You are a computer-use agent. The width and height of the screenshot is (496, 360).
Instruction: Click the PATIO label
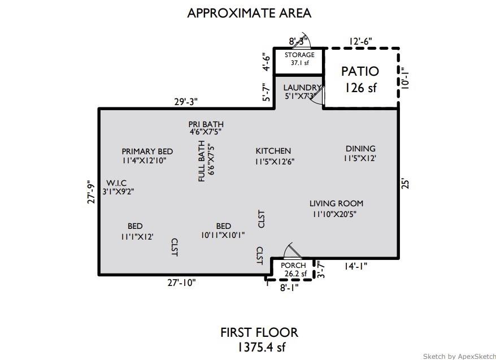(x=360, y=72)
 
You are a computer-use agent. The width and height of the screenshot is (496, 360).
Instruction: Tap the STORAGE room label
(x=299, y=55)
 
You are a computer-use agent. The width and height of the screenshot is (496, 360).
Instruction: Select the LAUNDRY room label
(x=302, y=88)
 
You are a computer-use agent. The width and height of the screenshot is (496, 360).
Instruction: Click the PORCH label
(x=293, y=266)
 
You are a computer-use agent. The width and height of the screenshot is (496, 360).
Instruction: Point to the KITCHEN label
(x=273, y=151)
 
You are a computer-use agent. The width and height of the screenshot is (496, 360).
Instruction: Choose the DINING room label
(x=360, y=149)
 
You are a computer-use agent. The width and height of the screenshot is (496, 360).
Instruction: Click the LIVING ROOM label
(x=336, y=203)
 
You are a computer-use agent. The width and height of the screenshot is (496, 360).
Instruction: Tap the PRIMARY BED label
(x=147, y=151)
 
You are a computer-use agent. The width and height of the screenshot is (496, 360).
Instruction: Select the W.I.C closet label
(x=117, y=183)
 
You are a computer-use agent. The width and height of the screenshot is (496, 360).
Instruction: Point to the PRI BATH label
(x=206, y=124)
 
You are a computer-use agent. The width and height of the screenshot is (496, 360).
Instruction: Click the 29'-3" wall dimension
(x=185, y=102)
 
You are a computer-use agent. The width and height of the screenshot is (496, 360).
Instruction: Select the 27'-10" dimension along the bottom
(x=181, y=283)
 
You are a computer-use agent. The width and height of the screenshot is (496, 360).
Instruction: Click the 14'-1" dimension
(x=355, y=266)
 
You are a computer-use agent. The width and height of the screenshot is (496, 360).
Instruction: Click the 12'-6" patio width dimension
(x=360, y=41)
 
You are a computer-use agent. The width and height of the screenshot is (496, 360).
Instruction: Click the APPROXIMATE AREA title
(x=249, y=12)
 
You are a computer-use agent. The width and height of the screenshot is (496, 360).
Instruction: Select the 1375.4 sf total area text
(x=259, y=346)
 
